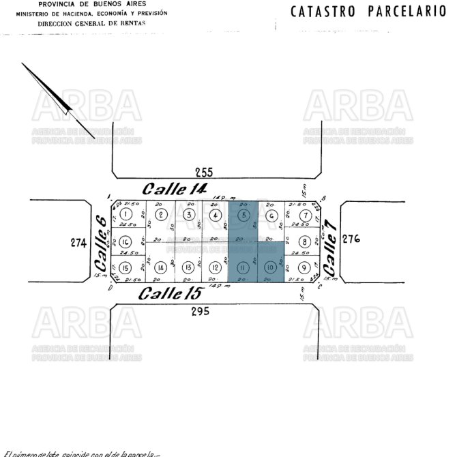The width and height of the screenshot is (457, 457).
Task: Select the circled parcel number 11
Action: click(243, 267)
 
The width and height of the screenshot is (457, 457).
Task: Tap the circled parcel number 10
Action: click(270, 267)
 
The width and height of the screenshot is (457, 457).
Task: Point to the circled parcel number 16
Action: click(126, 241)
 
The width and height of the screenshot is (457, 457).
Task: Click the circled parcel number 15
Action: click(126, 267)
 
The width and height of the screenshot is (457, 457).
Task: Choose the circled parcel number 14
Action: click(161, 267)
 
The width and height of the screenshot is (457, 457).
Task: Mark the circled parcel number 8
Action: click(304, 241)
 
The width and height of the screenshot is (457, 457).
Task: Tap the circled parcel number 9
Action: click(304, 267)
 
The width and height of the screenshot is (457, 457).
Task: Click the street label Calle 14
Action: click(173, 188)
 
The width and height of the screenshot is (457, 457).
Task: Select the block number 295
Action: click(199, 311)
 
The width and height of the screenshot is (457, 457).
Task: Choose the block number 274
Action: click(79, 241)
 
